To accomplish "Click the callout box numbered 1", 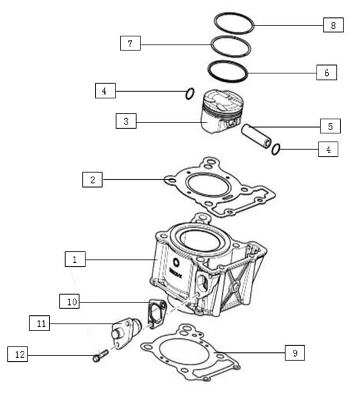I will tap(75, 260).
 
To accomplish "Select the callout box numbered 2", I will tap(93, 180).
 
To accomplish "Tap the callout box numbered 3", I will tap(126, 121).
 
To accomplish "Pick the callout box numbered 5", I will tap(330, 126).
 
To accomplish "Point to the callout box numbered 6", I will tap(326, 73).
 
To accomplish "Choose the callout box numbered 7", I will tap(130, 43).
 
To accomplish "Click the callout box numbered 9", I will tap(294, 352).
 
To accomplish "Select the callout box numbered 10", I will tap(70, 301).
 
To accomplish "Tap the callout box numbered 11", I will tap(40, 324).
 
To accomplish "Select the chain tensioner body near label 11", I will tap(123, 332).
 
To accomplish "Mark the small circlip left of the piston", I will tap(190, 94).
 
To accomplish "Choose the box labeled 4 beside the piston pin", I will tap(328, 150).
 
